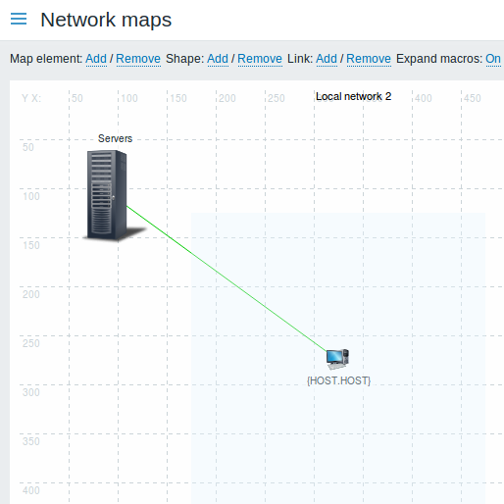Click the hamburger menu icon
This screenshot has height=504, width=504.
19,19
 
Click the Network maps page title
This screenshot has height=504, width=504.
106,20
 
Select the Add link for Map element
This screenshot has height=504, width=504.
96,59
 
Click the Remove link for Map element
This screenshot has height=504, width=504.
138,59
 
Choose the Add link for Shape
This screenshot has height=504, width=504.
218,59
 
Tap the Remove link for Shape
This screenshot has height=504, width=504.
260,59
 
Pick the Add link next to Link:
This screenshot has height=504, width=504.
327,59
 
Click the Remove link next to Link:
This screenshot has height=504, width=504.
369,59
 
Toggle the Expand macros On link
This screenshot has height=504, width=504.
493,59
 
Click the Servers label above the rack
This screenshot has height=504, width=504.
116,138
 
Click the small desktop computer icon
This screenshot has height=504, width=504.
337,359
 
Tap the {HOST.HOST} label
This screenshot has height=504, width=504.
338,380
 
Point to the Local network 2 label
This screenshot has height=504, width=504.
354,96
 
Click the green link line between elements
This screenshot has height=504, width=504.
227,278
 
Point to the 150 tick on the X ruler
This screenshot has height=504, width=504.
178,98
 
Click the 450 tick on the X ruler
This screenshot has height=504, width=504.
473,98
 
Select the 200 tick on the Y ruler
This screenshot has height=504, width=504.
31,294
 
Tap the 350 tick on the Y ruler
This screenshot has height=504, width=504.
31,441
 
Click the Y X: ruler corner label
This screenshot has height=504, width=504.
31,98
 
